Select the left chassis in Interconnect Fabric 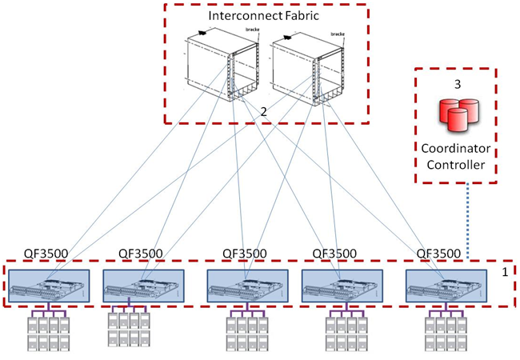click(x=216, y=72)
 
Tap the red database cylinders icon click(x=454, y=117)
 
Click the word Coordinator click(x=454, y=150)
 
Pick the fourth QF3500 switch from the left click(x=339, y=285)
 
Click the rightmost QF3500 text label click(x=439, y=254)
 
